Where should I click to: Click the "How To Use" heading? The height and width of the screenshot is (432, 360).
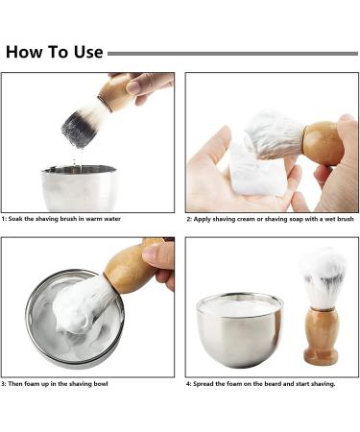pos(55,52)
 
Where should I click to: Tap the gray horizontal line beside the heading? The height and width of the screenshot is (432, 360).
pos(232,54)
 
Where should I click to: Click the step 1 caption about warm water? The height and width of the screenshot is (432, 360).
pos(61,219)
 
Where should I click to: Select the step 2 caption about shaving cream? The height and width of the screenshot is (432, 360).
pos(271,219)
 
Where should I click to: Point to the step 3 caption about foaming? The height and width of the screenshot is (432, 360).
pos(55,383)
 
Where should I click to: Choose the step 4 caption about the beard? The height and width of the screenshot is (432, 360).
pos(261,383)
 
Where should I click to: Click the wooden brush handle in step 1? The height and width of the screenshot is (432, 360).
pos(115,93)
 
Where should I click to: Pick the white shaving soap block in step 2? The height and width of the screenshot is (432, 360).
pos(256,169)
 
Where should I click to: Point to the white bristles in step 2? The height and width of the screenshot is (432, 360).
pos(274,135)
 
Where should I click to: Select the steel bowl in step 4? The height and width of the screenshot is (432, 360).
pos(240,329)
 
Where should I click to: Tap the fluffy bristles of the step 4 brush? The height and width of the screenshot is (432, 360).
pos(323,277)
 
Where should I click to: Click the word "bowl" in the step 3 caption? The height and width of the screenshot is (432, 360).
pos(100,383)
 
